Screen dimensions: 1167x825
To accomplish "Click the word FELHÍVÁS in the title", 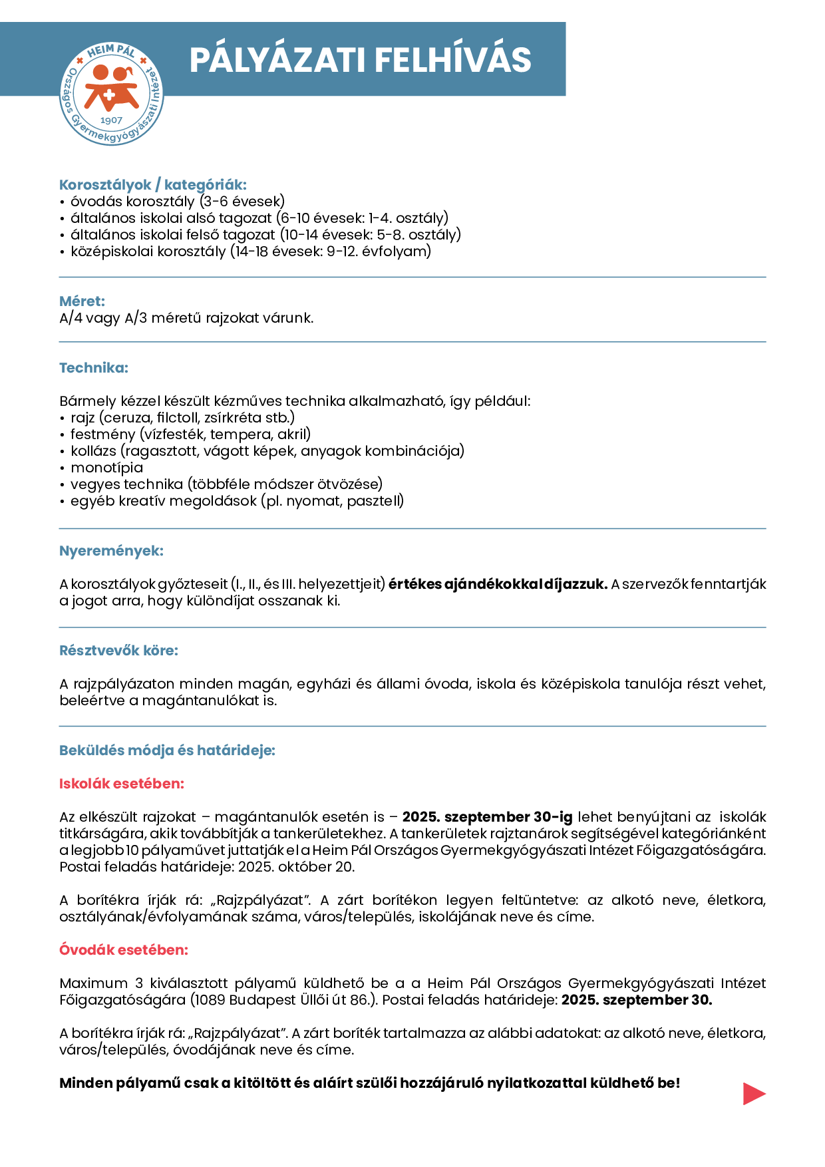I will (x=453, y=60).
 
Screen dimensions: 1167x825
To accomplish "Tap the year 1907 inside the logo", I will (x=111, y=120).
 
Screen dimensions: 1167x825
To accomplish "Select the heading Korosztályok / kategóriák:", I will (x=153, y=185).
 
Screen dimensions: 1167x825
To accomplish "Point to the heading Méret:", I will (x=82, y=301).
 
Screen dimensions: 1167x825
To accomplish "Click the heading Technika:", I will (x=94, y=368).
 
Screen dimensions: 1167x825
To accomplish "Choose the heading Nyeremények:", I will (x=111, y=551).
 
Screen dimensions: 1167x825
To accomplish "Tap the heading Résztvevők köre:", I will (x=118, y=651).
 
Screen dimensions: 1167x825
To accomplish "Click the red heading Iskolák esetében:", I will (x=122, y=784).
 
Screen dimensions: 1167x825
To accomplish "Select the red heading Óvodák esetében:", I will (x=124, y=950).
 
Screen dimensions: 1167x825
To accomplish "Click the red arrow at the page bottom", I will (x=754, y=1094).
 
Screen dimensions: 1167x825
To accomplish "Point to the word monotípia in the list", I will (x=106, y=468).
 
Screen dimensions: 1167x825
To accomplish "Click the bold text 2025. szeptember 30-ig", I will (x=487, y=817).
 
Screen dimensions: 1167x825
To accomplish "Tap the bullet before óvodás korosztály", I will (x=63, y=202).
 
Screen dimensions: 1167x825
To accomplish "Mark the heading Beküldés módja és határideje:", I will (x=167, y=750).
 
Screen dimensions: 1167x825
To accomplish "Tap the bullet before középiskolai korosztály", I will (x=63, y=252).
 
